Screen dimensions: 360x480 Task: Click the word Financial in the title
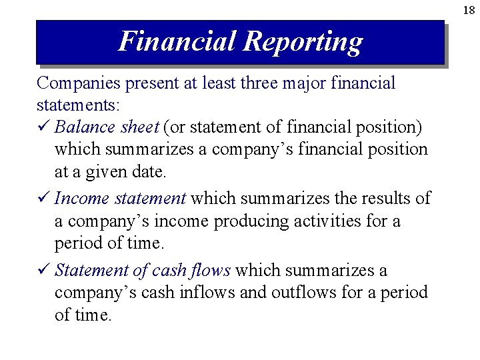177,41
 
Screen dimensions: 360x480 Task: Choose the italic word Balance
83,127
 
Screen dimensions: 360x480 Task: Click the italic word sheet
138,127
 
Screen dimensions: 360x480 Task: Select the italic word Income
82,199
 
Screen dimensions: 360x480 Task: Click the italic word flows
211,271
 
